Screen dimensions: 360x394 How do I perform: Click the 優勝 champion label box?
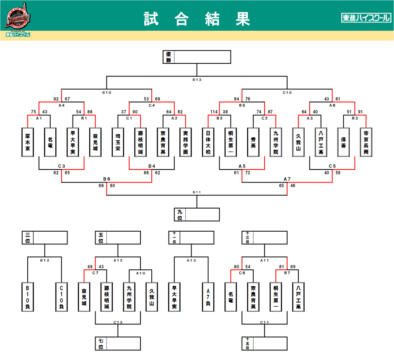[168, 57]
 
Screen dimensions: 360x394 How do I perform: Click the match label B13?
[197, 79]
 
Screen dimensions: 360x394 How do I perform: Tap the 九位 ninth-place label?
[180, 215]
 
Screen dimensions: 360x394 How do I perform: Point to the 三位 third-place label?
[27, 238]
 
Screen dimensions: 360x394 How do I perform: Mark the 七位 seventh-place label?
[101, 344]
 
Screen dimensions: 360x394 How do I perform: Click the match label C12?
[118, 322]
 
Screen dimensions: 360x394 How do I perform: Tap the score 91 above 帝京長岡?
[360, 112]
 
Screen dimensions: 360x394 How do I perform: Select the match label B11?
[197, 192]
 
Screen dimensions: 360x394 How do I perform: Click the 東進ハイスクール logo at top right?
[366, 18]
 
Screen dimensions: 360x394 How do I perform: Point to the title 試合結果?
[197, 18]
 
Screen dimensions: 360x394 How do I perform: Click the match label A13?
[191, 261]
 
